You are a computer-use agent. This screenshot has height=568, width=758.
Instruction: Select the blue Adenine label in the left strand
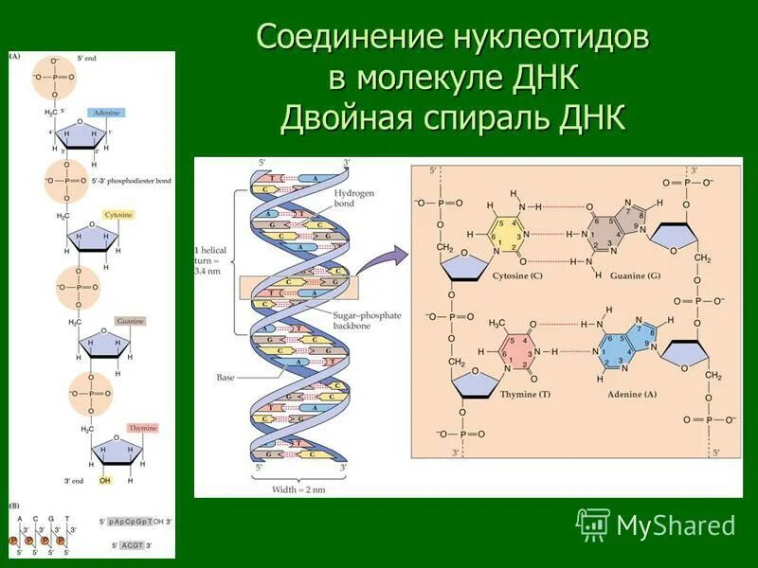106,113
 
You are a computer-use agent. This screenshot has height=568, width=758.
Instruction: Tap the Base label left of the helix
225,377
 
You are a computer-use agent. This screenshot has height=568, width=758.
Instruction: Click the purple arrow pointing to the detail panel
384,258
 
